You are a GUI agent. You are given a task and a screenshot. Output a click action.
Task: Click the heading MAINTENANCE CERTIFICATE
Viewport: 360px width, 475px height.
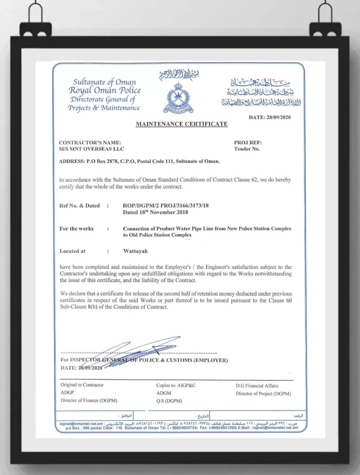[181, 124]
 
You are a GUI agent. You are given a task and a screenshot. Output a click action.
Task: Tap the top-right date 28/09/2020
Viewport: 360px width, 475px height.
[269, 117]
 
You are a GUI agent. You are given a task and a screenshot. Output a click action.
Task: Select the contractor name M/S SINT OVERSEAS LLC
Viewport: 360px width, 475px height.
[92, 149]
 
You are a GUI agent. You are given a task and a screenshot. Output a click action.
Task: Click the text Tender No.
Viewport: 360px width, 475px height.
[247, 149]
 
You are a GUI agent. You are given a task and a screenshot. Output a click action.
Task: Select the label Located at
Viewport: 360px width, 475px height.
[72, 251]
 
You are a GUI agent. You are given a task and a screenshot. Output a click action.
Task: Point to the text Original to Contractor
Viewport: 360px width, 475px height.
[82, 385]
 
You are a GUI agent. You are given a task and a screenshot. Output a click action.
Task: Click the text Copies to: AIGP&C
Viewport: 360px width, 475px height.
[176, 385]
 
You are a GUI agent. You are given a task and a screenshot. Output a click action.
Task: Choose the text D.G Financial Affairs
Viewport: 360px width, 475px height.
[257, 385]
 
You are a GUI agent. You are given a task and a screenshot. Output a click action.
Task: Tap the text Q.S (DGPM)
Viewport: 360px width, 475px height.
[169, 401]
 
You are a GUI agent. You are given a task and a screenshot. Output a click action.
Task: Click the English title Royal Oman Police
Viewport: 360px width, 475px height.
[104, 90]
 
